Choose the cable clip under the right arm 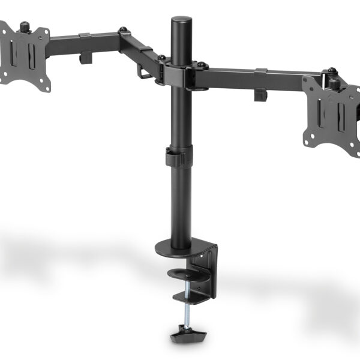(x=260, y=95)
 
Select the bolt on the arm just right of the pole (x=201, y=64)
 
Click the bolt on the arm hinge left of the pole (x=162, y=58)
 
